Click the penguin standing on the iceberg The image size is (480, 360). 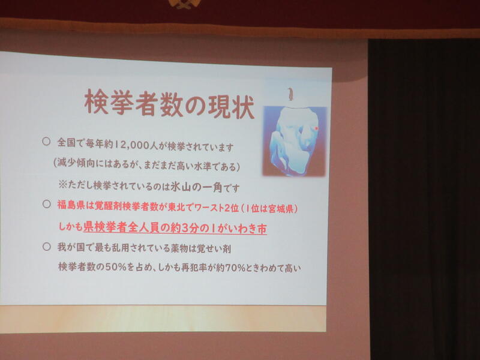pos(290,94)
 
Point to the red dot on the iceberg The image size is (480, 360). pos(317,128)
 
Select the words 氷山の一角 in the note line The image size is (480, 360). pos(196,187)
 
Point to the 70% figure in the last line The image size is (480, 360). pos(235,268)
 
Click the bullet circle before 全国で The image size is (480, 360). pos(46,141)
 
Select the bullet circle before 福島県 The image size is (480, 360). pos(47,204)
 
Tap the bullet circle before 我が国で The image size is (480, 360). pos(47,247)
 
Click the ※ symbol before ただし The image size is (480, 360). pos(62,184)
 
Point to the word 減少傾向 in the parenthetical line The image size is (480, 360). pos(76,164)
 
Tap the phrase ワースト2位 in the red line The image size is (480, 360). pos(217,208)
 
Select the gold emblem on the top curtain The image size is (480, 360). pos(184,4)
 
